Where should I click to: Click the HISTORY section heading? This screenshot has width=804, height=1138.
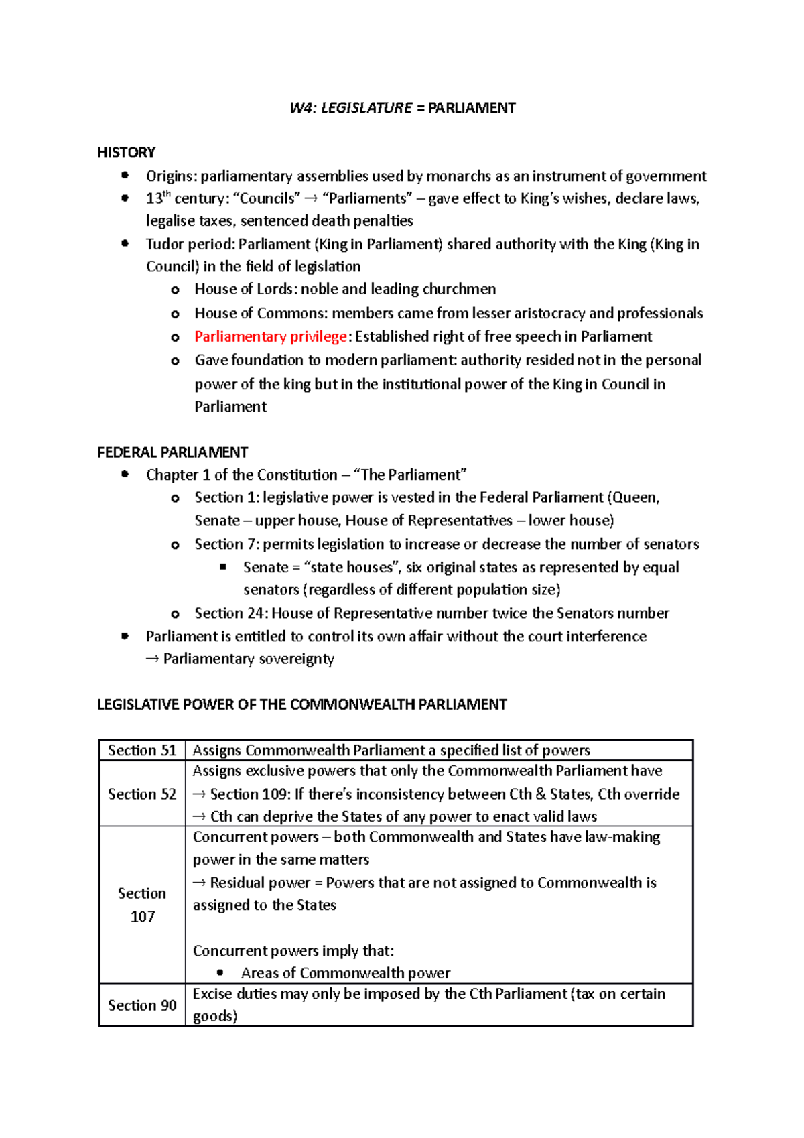pos(126,153)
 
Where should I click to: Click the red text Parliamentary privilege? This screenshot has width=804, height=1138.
pos(271,336)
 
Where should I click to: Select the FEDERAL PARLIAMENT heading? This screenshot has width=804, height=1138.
pos(173,452)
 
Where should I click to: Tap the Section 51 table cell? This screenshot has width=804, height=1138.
pos(142,751)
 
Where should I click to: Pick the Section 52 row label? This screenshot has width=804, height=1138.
pos(142,794)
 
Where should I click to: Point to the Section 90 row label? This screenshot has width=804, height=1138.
pos(142,1005)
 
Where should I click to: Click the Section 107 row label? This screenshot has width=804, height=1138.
pos(142,905)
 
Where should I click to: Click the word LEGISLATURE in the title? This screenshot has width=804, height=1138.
pos(366,108)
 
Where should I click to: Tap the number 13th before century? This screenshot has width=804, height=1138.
pos(158,198)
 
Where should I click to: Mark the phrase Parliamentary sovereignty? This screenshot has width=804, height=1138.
pos(249,659)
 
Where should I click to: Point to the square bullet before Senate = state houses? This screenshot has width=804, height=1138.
pos(223,567)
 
